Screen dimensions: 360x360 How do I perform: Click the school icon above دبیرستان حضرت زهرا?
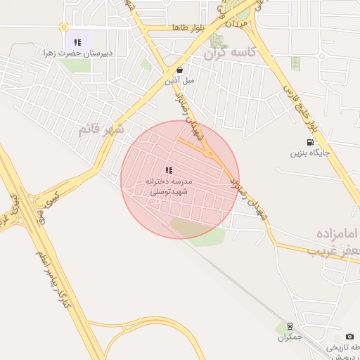[x=77, y=42]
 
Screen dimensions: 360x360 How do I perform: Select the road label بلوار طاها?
[x=188, y=27]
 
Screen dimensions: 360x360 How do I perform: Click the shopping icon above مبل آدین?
[x=179, y=70]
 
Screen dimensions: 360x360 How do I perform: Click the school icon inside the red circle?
[x=169, y=170]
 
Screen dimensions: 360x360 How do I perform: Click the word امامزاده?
[x=337, y=233]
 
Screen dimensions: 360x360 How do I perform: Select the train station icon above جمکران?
[x=289, y=326]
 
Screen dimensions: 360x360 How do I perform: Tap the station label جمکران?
[x=289, y=337]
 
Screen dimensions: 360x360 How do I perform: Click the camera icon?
[x=350, y=337]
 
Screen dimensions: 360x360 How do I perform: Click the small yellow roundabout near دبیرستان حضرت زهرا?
[x=64, y=27]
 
